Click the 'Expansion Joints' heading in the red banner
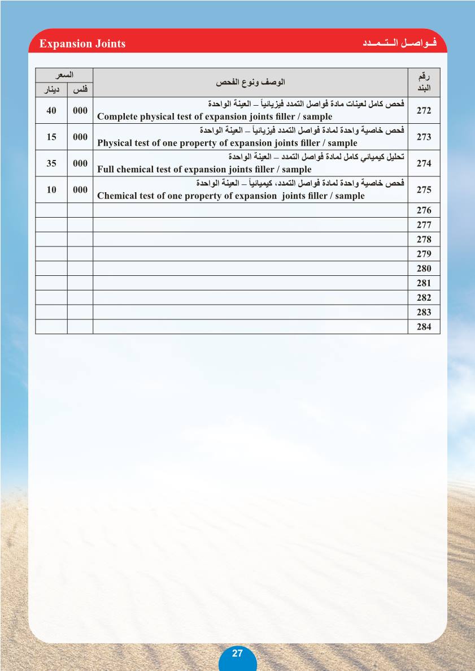[82, 44]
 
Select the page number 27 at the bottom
[237, 653]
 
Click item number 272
[424, 111]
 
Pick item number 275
[424, 190]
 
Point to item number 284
[424, 327]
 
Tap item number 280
[424, 269]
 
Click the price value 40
[51, 111]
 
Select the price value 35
[51, 163]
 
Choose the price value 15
[51, 137]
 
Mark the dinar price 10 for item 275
[51, 190]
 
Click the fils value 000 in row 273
[80, 137]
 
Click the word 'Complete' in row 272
[117, 117]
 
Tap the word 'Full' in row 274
[106, 170]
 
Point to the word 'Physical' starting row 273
[115, 144]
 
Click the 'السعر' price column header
[64, 75]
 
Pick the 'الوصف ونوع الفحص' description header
[250, 83]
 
